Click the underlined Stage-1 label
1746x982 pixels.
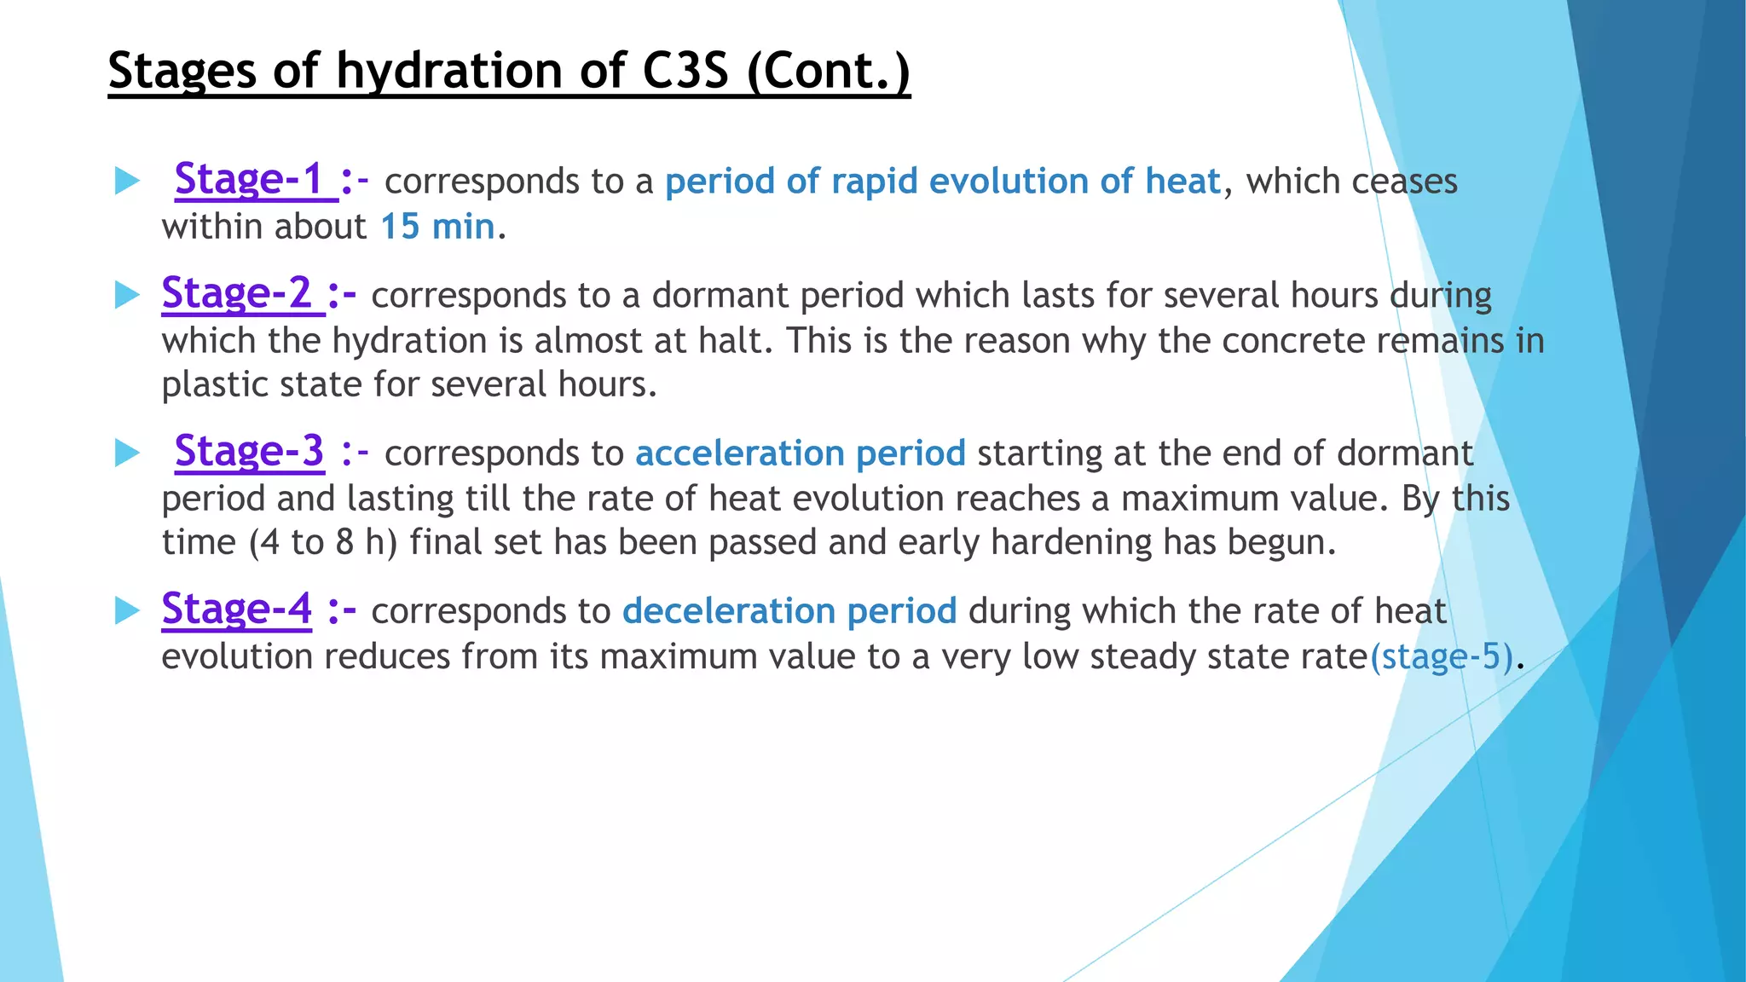249,180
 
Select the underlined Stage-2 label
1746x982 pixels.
236,294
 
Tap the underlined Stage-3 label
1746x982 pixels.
249,452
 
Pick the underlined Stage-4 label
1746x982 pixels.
236,609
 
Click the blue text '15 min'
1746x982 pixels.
437,227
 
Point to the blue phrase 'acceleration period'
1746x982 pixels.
800,453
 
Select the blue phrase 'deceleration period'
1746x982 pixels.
789,611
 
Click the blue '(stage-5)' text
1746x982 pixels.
1442,656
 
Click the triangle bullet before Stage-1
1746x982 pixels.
127,181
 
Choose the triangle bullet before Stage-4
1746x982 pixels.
127,610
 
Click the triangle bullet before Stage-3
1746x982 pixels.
127,453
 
